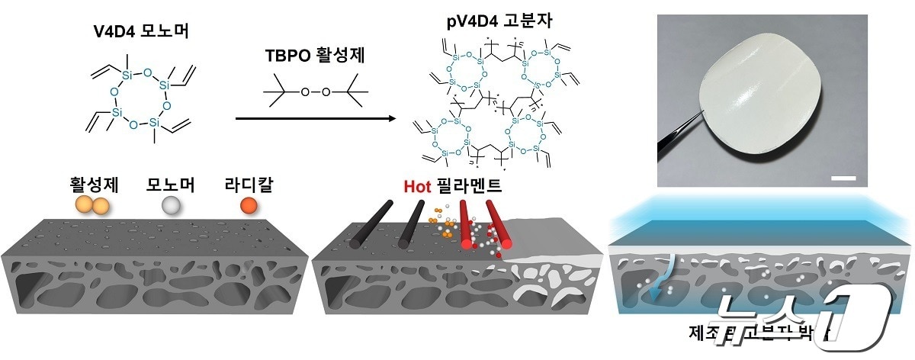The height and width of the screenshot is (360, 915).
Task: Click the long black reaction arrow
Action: [316, 118]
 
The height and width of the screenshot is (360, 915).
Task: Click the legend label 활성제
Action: [90, 185]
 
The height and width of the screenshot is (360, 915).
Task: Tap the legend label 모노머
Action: [170, 185]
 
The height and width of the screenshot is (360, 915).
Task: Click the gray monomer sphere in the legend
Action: [171, 206]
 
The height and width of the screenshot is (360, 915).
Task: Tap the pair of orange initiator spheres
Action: [91, 205]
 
